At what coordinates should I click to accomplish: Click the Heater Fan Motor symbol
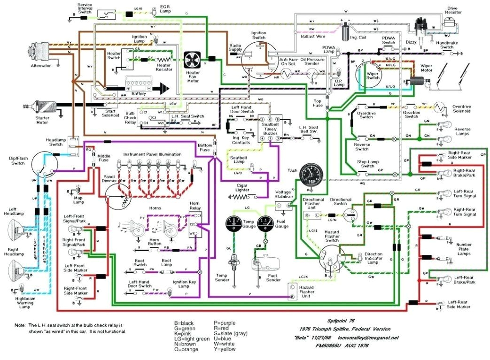tap(193, 60)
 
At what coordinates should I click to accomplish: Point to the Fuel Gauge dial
tap(266, 222)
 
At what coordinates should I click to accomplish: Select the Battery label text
tap(139, 94)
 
